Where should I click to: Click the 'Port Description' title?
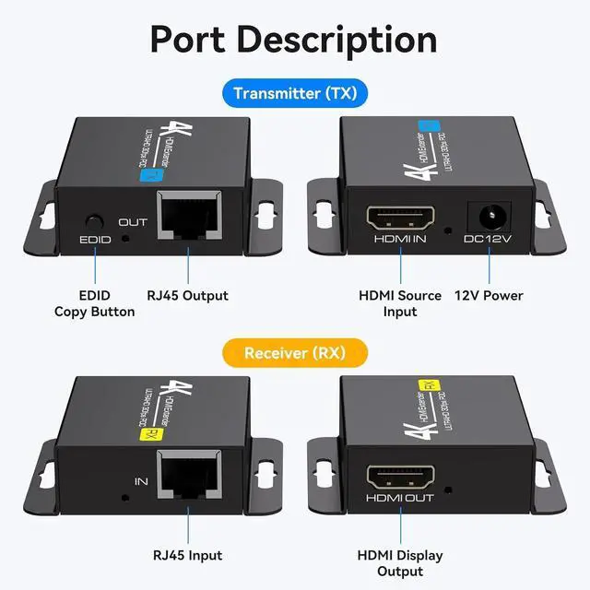[x=294, y=40]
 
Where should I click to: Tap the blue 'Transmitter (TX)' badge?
[x=294, y=93]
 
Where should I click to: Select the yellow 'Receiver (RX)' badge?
[x=294, y=353]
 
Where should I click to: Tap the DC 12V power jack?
[x=489, y=218]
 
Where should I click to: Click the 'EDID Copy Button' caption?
[x=94, y=303]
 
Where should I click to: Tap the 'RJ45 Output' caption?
[x=189, y=296]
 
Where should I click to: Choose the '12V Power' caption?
[x=489, y=296]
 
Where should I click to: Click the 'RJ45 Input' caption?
[x=188, y=555]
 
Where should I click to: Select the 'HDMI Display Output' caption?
[x=400, y=562]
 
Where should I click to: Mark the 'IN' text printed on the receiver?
[x=141, y=481]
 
